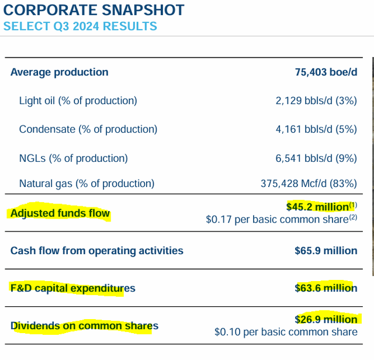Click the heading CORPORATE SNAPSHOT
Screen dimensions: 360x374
point(93,10)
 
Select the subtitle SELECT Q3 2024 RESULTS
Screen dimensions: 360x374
point(80,26)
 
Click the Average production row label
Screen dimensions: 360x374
point(59,72)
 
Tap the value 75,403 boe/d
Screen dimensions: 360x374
point(325,72)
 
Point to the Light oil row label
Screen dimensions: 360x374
point(78,101)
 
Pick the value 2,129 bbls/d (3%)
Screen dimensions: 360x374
point(316,101)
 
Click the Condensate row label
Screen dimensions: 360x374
point(88,129)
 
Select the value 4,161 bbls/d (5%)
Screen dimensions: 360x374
point(316,129)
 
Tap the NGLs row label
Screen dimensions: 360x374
point(73,158)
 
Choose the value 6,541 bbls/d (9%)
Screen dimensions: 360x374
point(316,158)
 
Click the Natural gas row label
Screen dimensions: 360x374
point(86,184)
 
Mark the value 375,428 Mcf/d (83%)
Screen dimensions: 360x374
point(309,184)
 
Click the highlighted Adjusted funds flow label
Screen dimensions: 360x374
point(60,213)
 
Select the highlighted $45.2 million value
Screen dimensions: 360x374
point(317,206)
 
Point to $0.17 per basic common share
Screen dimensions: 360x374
point(278,220)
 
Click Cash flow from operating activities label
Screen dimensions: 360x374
point(97,251)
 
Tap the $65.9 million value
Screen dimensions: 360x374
point(325,251)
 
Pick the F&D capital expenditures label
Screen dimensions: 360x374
point(72,288)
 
